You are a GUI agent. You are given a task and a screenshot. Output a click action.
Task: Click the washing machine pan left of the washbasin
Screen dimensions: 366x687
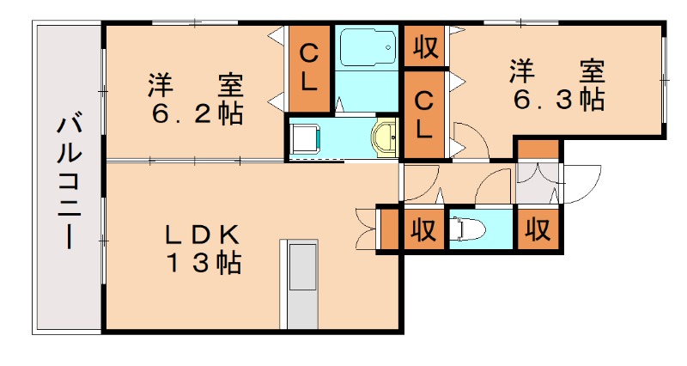(305, 137)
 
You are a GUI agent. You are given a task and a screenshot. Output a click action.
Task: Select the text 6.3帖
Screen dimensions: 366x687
(559, 101)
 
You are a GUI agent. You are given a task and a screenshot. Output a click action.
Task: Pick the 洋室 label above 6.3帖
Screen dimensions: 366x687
(559, 69)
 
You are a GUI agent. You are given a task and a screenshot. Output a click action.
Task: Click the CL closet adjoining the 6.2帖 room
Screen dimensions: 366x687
(309, 69)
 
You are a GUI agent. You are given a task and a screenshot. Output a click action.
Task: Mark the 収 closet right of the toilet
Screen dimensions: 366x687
(538, 229)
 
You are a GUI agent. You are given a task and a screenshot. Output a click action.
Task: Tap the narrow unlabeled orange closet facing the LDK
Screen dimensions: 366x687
(388, 229)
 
